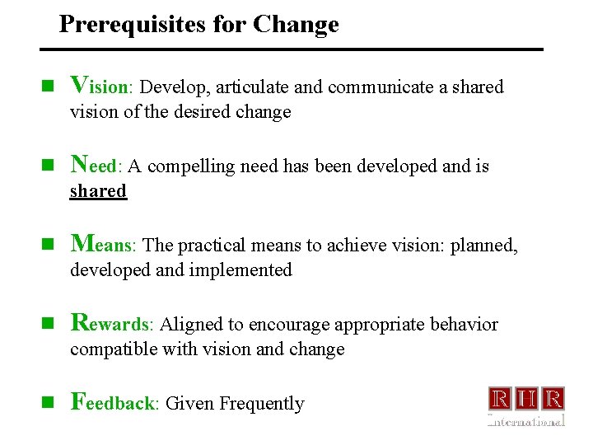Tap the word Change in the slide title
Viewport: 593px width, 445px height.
(x=296, y=25)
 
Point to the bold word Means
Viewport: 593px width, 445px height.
(x=105, y=244)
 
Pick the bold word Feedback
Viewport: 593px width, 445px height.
(x=115, y=402)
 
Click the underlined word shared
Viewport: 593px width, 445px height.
(x=98, y=191)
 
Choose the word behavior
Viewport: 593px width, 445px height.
(x=464, y=325)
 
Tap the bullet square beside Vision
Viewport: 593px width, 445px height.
(x=49, y=86)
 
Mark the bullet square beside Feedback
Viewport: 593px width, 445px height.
(x=49, y=402)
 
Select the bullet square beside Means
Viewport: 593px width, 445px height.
(x=49, y=244)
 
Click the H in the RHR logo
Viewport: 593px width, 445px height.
(x=526, y=400)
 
